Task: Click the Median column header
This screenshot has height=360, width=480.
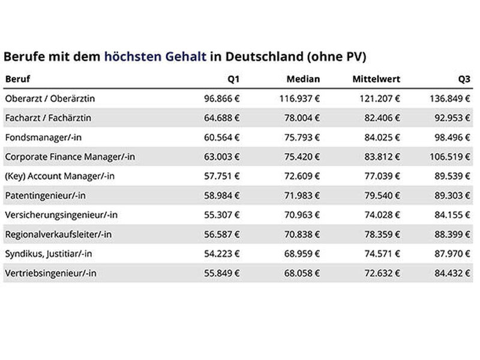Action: point(303,79)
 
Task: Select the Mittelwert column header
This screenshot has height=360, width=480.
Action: point(376,79)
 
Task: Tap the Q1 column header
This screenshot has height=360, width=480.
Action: point(233,79)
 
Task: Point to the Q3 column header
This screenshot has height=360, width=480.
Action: point(464,79)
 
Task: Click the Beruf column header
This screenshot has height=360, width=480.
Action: point(18,79)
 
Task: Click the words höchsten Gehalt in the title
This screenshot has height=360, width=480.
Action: point(155,56)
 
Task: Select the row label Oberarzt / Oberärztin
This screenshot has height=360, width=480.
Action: point(50,98)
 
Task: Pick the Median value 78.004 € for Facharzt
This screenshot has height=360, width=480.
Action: point(302,118)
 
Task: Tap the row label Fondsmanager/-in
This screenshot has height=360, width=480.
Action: point(43,137)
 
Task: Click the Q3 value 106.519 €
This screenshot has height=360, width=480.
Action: point(449,157)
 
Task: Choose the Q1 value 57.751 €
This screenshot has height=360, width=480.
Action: point(221,176)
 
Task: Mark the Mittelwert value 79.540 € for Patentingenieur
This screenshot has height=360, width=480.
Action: point(382,196)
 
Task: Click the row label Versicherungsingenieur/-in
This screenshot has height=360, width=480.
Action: point(61,215)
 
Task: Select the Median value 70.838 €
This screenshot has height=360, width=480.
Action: point(302,235)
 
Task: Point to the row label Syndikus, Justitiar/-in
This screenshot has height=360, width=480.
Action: point(49,254)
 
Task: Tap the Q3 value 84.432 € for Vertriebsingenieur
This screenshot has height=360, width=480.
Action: point(452,273)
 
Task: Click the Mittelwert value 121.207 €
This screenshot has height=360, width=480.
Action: point(380,98)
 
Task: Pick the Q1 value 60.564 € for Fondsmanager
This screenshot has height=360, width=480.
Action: point(221,137)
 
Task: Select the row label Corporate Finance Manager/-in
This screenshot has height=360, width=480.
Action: point(70,157)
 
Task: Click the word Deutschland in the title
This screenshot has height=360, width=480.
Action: point(265,56)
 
